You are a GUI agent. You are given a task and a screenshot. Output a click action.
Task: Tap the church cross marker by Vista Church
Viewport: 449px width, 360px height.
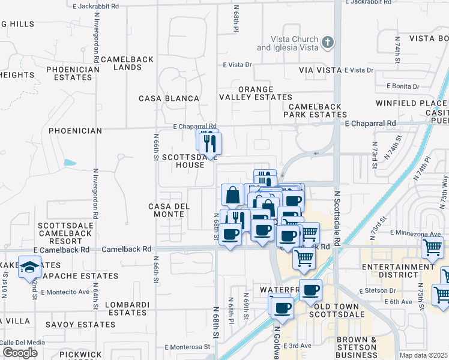click(x=327, y=42)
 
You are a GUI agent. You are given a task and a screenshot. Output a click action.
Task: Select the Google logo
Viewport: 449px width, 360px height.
click(x=20, y=352)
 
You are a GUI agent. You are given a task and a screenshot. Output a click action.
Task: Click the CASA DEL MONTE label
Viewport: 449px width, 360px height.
click(x=169, y=210)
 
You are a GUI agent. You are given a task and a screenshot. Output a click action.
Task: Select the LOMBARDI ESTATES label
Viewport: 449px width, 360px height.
click(x=126, y=308)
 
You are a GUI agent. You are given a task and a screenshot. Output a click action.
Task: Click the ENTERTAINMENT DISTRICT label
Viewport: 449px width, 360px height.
click(x=402, y=271)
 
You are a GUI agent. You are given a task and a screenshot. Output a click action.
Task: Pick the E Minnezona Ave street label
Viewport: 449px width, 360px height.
click(x=411, y=232)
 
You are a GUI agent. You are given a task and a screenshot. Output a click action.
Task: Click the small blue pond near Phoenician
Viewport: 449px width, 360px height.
click(x=70, y=163)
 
